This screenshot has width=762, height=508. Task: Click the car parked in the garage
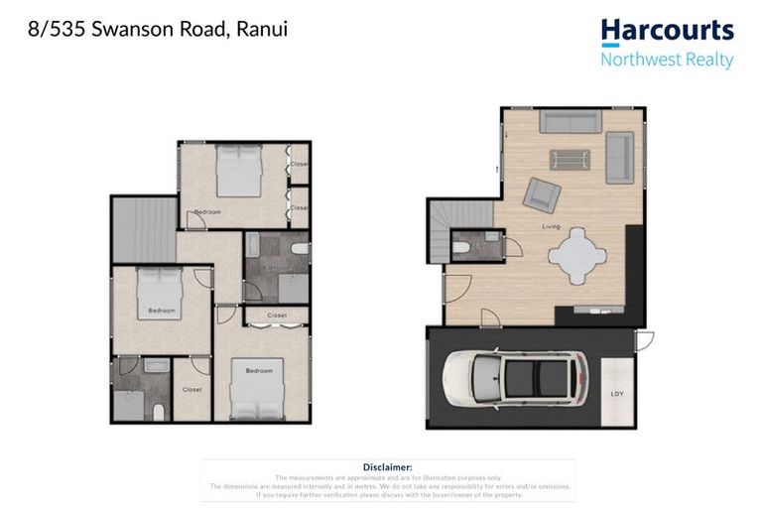click(x=515, y=378)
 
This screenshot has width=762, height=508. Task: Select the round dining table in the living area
click(x=576, y=256)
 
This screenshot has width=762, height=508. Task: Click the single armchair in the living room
click(x=541, y=193)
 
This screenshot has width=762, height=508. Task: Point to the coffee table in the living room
click(x=570, y=159)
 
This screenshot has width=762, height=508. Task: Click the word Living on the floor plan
click(x=551, y=227)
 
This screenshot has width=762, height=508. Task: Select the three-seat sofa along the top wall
click(x=570, y=122)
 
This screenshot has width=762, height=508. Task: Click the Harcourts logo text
click(x=667, y=32)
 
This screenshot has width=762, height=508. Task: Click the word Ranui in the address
click(x=263, y=29)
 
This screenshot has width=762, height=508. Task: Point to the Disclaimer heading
click(x=387, y=467)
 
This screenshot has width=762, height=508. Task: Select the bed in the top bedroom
click(x=238, y=170)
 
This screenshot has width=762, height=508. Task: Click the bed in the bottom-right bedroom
click(x=257, y=389)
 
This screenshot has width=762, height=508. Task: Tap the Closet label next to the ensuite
click(x=192, y=389)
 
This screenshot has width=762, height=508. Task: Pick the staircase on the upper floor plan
click(x=143, y=229)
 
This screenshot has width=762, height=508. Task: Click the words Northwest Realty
click(x=667, y=60)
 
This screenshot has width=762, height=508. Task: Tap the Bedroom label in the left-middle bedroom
click(x=162, y=311)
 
